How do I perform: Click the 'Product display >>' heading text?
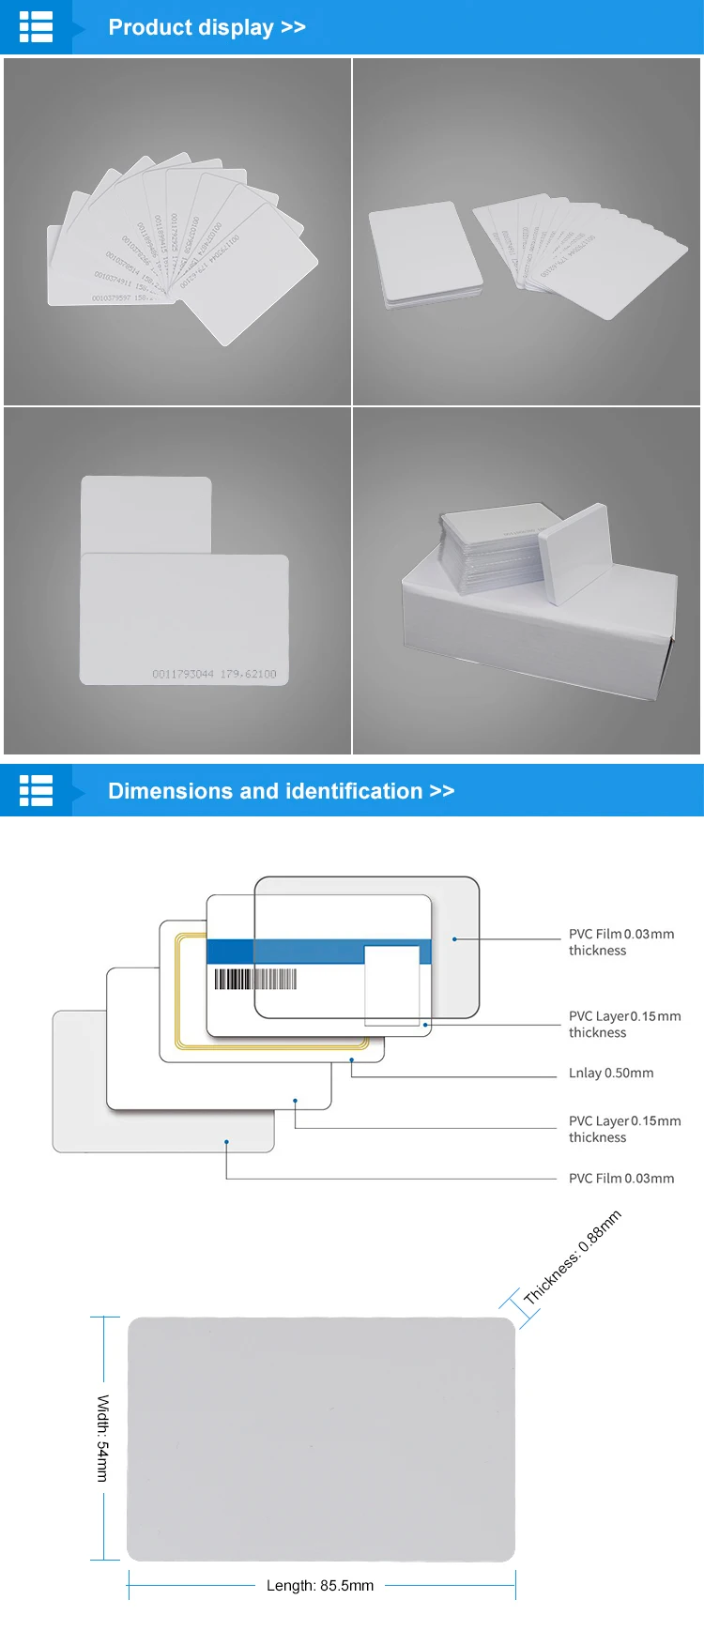pyautogui.click(x=207, y=27)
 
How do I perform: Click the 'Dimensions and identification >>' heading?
pyautogui.click(x=281, y=791)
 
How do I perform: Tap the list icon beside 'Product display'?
pyautogui.click(x=37, y=27)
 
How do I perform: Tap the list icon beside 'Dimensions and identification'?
pyautogui.click(x=37, y=790)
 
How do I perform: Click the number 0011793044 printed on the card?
pyautogui.click(x=183, y=674)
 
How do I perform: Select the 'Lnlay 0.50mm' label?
pyautogui.click(x=611, y=1073)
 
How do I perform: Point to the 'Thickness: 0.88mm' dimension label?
pyautogui.click(x=573, y=1257)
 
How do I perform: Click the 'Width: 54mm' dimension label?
pyautogui.click(x=102, y=1438)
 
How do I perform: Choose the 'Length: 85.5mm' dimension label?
pyautogui.click(x=320, y=1585)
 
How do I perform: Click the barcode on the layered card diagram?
pyautogui.click(x=255, y=979)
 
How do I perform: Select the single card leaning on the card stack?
pyautogui.click(x=575, y=552)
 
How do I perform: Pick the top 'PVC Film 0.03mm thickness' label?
pyautogui.click(x=620, y=942)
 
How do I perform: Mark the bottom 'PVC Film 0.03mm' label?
pyautogui.click(x=620, y=1179)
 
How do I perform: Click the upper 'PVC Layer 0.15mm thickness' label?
pyautogui.click(x=624, y=1024)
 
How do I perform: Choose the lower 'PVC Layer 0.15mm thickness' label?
pyautogui.click(x=624, y=1129)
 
